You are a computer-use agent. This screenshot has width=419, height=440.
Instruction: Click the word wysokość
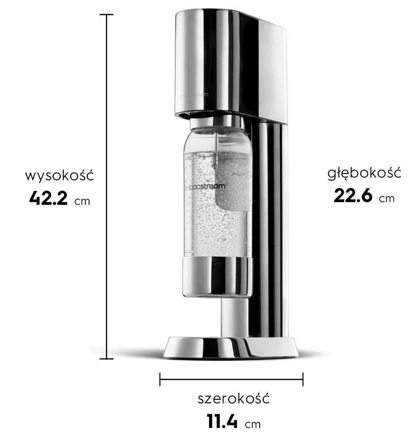tap(59, 175)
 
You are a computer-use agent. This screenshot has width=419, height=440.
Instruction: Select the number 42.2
tap(48, 198)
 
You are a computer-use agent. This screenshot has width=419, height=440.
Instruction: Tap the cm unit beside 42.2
tap(82, 201)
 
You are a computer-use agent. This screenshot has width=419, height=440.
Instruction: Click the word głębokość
tap(364, 173)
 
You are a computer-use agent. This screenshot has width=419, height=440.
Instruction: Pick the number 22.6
tap(353, 196)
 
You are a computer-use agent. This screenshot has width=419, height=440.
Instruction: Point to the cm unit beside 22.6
tap(387, 199)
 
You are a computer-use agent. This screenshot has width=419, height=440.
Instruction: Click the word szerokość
tap(234, 398)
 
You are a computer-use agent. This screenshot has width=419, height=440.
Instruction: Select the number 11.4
tap(222, 421)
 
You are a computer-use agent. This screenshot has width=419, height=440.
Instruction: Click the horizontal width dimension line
tap(231, 380)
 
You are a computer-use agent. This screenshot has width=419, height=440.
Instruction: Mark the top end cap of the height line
tap(107, 15)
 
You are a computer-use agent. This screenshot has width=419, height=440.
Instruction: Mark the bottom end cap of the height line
tap(107, 359)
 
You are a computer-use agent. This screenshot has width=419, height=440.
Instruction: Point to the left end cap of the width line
tap(160, 380)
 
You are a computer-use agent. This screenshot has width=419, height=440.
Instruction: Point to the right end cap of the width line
tap(303, 380)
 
